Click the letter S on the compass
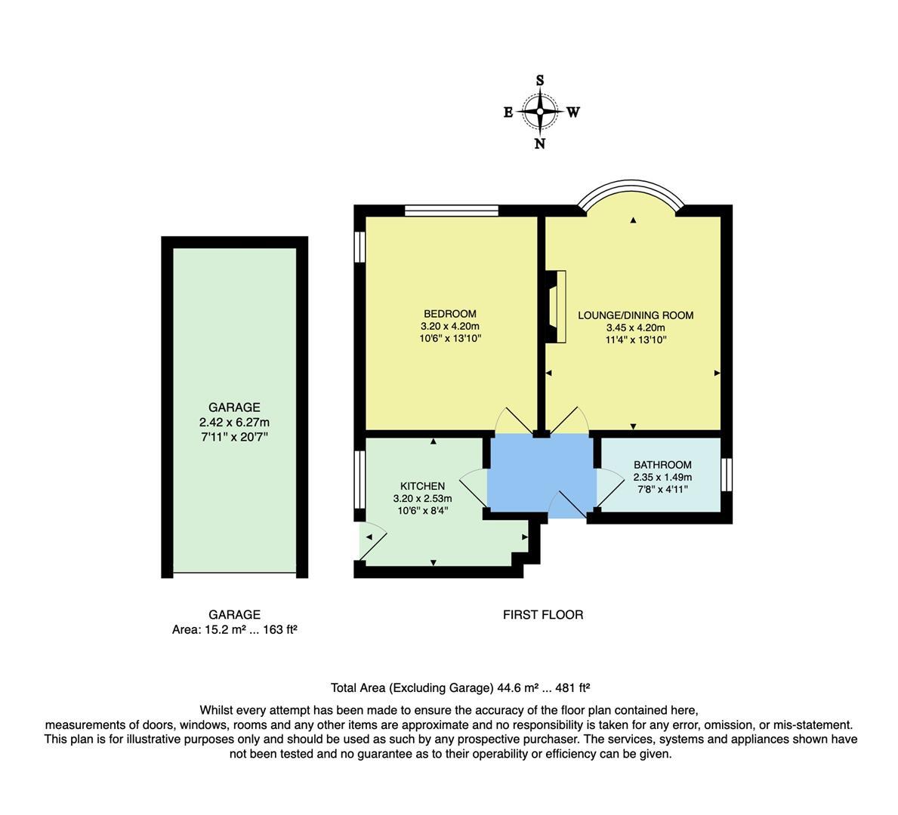tap(540, 81)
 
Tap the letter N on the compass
tap(540, 143)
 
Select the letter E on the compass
tap(508, 112)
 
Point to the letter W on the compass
tap(573, 112)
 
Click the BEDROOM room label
tap(450, 314)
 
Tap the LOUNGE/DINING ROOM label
tap(635, 315)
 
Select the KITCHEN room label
tap(422, 486)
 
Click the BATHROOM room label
tap(662, 465)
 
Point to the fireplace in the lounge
tap(557, 307)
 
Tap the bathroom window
tap(726, 475)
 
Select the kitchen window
tap(360, 480)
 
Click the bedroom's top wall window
tap(451, 211)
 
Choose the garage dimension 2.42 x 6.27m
tap(234, 423)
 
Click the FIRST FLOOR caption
tap(543, 615)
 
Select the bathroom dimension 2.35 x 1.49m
tap(662, 477)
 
